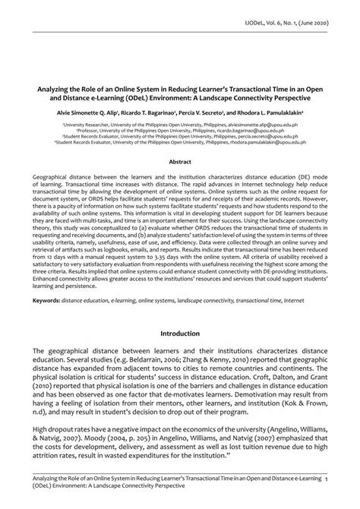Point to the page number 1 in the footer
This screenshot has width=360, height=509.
coord(346,480)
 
